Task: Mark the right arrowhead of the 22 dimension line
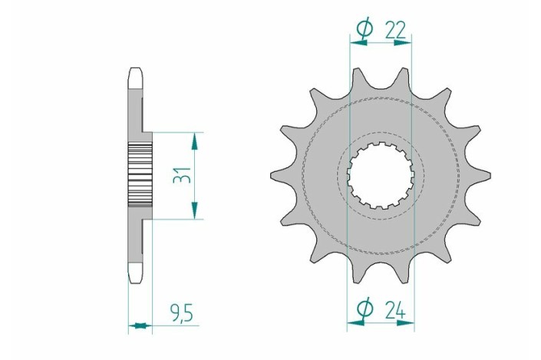(407, 44)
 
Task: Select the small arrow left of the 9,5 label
(139, 325)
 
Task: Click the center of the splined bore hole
(382, 177)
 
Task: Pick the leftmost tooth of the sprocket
(274, 176)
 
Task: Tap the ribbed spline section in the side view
(139, 175)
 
